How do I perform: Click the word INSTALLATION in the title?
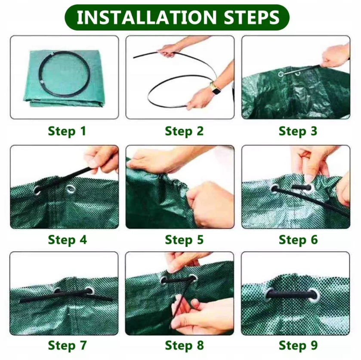[147, 17]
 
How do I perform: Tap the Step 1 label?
[67, 131]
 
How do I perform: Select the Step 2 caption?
[184, 131]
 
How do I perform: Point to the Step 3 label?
[298, 131]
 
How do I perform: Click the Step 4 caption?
[67, 240]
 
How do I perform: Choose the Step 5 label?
[184, 240]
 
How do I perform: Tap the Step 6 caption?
[298, 240]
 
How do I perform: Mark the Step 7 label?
[67, 345]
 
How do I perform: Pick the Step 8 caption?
[184, 345]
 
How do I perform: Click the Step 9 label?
[298, 345]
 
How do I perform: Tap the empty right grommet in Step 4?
[71, 189]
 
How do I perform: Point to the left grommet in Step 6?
[274, 189]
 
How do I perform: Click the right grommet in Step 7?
[89, 290]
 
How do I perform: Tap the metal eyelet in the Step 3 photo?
[281, 74]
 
